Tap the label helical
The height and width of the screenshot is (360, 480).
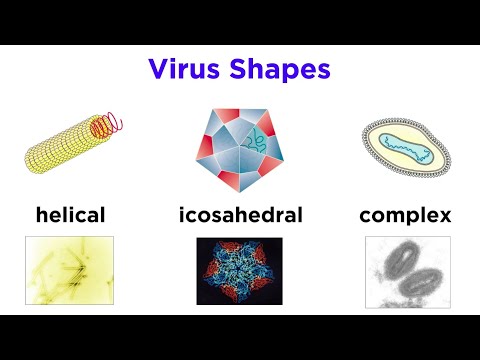[70, 214]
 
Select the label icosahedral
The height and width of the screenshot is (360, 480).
[240, 214]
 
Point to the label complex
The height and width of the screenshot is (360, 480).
[405, 215]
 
